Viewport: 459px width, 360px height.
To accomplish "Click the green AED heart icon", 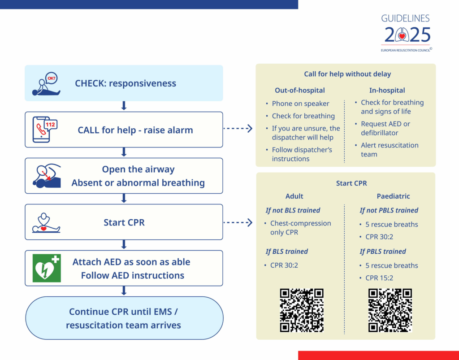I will pos(47,268).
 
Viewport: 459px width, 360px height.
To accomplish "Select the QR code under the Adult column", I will pos(302,310).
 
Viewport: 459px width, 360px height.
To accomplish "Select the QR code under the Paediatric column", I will pos(390,310).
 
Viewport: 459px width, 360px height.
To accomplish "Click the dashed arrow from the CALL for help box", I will pos(238,129).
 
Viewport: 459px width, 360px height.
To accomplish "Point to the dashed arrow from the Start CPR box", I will pos(238,222).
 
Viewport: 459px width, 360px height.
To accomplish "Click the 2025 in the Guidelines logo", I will pos(407,35).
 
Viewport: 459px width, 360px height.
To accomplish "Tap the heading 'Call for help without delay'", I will pos(347,74).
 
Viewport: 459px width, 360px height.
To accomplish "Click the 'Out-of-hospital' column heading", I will pos(300,90).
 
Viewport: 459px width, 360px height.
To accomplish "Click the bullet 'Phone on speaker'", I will pos(300,104).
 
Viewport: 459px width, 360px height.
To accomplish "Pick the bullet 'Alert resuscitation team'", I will pos(390,150).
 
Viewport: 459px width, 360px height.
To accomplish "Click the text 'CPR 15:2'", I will pos(379,278).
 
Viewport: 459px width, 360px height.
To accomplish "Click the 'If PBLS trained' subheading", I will pos(383,252).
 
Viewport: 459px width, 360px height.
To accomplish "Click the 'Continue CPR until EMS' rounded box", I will pos(124,318).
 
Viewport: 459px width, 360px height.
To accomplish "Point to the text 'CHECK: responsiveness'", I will pos(126,83).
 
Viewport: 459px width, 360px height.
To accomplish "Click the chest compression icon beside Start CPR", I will pos(46,222).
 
